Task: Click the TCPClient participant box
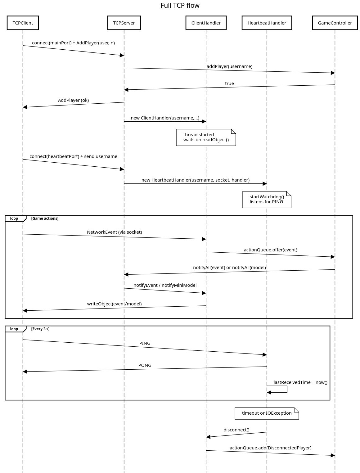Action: tap(23, 23)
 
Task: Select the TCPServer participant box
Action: tap(124, 23)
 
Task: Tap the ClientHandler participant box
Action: tap(206, 23)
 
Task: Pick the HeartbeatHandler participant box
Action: tap(267, 23)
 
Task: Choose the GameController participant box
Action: tap(335, 23)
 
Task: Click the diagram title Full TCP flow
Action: tap(180, 5)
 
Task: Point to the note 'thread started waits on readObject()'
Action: tap(206, 137)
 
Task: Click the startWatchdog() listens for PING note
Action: tap(267, 200)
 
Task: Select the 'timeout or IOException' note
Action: tap(267, 413)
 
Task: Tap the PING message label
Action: tap(145, 343)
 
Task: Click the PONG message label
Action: tap(145, 365)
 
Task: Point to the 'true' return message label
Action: tap(229, 83)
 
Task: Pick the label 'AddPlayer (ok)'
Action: tap(73, 100)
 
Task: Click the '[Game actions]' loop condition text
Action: tap(45, 218)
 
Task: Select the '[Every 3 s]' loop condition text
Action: tap(40, 329)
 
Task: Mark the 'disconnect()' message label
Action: tap(236, 430)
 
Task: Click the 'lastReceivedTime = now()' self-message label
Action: tap(300, 382)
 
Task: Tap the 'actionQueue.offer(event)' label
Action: tap(270, 250)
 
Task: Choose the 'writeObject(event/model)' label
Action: tap(115, 304)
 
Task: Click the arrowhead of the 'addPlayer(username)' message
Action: tap(333, 73)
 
